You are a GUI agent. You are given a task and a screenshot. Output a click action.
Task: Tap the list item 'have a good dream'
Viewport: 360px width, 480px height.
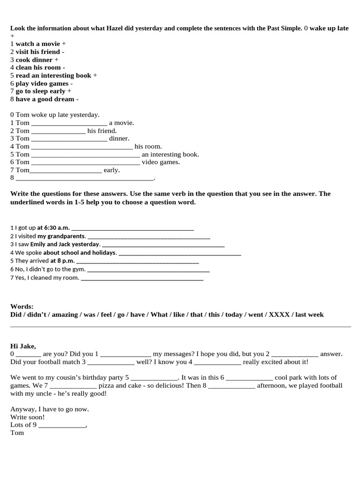pyautogui.click(x=45, y=99)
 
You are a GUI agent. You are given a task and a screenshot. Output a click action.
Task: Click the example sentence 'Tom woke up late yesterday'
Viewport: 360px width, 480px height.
pyautogui.click(x=55, y=115)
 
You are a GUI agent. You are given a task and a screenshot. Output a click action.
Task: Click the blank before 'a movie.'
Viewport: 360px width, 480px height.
pyautogui.click(x=69, y=123)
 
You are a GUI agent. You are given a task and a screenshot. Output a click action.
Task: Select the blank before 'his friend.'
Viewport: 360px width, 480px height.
pyautogui.click(x=58, y=131)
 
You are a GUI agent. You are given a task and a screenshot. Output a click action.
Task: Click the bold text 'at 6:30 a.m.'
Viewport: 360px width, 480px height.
pyautogui.click(x=53, y=228)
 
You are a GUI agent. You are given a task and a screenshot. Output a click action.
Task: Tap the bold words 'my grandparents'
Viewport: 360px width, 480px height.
pyautogui.click(x=61, y=236)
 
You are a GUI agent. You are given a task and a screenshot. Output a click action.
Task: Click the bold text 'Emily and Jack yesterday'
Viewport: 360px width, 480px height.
pyautogui.click(x=65, y=244)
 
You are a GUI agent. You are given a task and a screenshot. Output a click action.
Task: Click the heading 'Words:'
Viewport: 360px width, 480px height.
pyautogui.click(x=22, y=306)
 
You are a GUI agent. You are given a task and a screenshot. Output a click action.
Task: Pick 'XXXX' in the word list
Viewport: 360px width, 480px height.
pyautogui.click(x=279, y=315)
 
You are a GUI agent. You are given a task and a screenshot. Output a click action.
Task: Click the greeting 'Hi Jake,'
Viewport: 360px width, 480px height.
pyautogui.click(x=23, y=346)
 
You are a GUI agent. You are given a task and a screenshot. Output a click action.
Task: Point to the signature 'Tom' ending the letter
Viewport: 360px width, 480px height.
pyautogui.click(x=17, y=433)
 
